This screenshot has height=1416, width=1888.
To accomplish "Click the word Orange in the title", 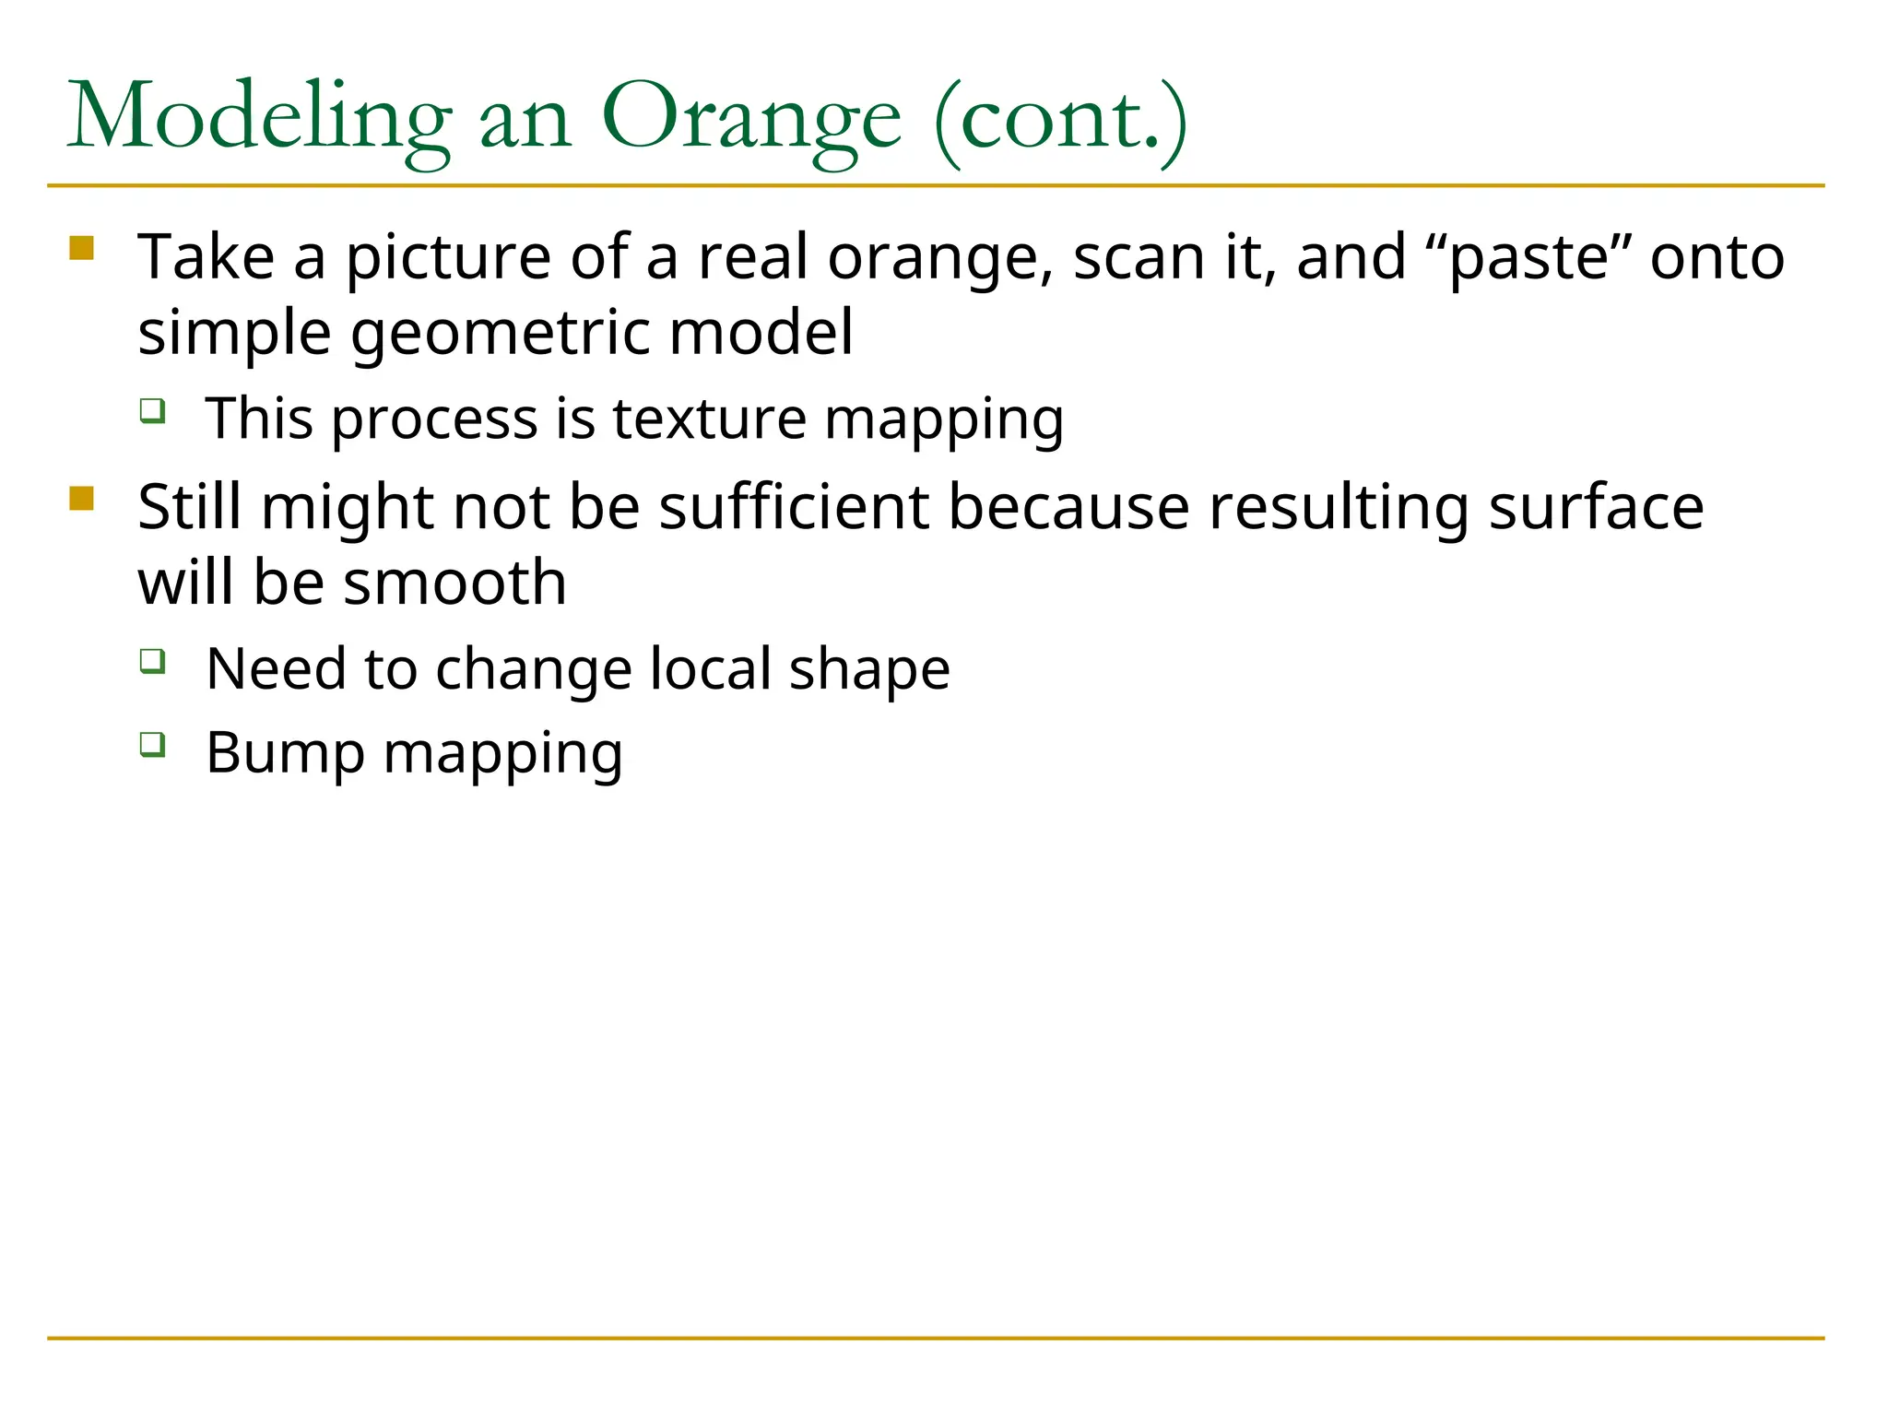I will pos(750,118).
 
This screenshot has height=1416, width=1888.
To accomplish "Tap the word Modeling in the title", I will pos(259,118).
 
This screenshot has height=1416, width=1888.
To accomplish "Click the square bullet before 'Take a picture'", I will pos(82,248).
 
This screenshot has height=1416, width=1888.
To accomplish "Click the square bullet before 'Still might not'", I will pos(82,498).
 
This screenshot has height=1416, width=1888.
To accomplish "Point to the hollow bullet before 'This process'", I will pos(153,409).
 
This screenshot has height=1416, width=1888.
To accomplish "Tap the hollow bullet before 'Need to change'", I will pos(153,660).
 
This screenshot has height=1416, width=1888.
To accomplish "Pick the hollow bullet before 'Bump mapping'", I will pos(153,743).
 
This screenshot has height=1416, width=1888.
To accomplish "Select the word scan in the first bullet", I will pos(1139,257).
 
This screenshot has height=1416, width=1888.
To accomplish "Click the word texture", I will pos(709,419).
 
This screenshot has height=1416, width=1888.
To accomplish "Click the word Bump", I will pos(285,753).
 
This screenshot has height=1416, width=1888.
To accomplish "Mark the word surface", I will pos(1596,508).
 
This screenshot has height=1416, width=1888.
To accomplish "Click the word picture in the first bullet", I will pos(448,257).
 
